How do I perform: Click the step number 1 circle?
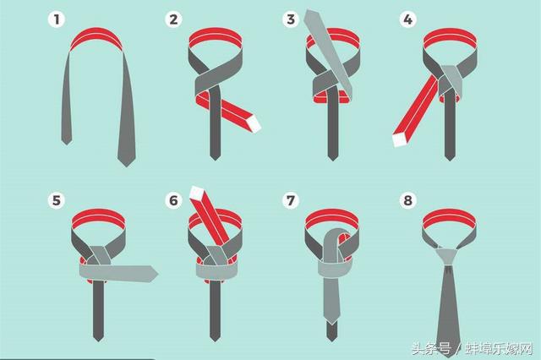tap(57, 19)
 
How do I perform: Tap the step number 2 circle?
tap(173, 19)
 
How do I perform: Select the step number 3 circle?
tap(291, 19)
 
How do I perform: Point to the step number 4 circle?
tap(407, 19)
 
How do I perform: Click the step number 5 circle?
tap(57, 200)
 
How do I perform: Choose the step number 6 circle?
tap(173, 200)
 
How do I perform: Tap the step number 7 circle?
tap(291, 200)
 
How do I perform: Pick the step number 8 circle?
tap(407, 200)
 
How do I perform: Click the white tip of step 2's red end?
tap(254, 123)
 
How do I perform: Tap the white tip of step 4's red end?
tap(400, 139)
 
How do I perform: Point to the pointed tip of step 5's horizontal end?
tap(158, 275)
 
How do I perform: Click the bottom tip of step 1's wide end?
tap(126, 166)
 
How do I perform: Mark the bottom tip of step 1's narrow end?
tap(67, 145)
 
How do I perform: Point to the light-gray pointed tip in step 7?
tap(332, 324)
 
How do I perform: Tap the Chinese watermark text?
tap(473, 349)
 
